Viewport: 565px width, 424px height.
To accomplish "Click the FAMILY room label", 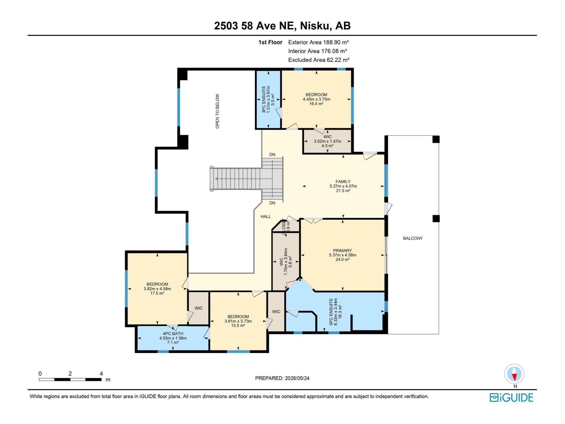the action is [343, 182].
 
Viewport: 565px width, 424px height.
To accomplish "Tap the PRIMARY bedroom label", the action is [342, 251].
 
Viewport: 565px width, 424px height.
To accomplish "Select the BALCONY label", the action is [412, 238].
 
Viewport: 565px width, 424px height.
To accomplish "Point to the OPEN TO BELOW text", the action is [217, 111].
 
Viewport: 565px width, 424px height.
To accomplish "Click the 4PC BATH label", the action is [173, 334].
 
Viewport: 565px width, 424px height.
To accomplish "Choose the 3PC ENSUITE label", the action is [263, 99].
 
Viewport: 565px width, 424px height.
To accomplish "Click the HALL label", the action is [266, 217].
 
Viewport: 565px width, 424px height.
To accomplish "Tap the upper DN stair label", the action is [272, 154].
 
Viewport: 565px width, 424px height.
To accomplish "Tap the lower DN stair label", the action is [272, 203].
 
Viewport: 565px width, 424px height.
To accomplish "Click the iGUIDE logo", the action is [511, 397].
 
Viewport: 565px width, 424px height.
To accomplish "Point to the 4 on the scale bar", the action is [101, 373].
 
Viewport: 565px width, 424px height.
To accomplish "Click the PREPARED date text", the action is [282, 378].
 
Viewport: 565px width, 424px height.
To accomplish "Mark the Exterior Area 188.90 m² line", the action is [319, 42].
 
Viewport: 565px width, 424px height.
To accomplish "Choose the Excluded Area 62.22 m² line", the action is [319, 60].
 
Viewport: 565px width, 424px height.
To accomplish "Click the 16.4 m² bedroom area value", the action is [316, 104].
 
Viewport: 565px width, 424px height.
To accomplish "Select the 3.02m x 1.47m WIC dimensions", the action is [327, 141].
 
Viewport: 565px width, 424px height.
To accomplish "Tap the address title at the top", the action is [282, 26].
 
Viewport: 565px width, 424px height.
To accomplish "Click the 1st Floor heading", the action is [270, 42].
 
